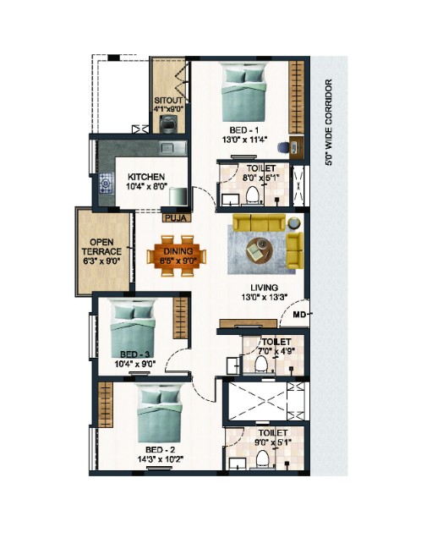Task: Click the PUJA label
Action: click(x=177, y=218)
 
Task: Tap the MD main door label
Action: click(x=298, y=314)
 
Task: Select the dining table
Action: click(x=177, y=256)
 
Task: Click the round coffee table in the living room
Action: click(x=260, y=250)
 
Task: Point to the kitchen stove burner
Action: click(x=106, y=183)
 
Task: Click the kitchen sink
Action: click(x=173, y=148)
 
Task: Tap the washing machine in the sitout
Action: click(x=168, y=124)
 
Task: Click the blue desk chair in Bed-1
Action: click(x=282, y=147)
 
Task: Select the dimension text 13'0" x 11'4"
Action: click(x=244, y=140)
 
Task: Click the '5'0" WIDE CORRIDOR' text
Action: click(x=328, y=123)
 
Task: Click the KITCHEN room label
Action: click(x=146, y=177)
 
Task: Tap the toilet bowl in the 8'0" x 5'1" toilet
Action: click(x=252, y=195)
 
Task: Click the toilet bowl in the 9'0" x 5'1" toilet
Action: click(x=262, y=458)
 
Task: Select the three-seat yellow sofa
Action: click(x=260, y=222)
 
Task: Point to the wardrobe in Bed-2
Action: click(x=106, y=404)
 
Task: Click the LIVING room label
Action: click(x=265, y=288)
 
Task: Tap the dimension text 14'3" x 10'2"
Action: click(x=161, y=458)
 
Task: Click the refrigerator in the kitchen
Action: click(x=178, y=196)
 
